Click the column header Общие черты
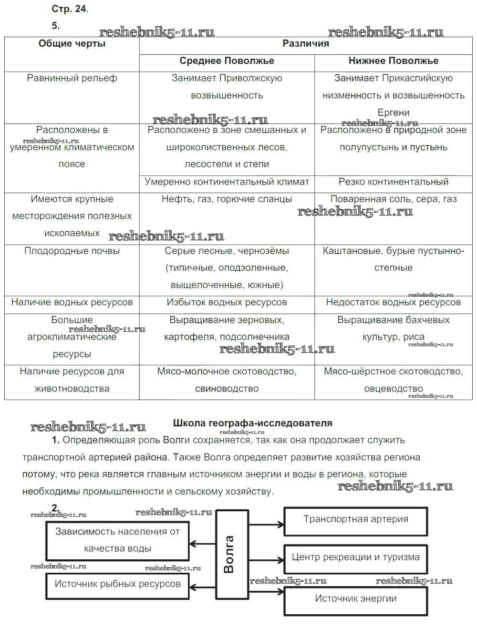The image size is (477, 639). [72, 44]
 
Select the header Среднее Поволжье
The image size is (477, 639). [227, 61]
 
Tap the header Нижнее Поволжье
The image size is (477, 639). [393, 61]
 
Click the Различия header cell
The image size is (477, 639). [305, 44]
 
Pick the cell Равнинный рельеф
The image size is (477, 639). [72, 78]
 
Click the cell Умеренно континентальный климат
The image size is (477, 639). [227, 182]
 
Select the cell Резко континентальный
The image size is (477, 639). [393, 182]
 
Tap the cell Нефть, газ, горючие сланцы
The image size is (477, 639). [227, 199]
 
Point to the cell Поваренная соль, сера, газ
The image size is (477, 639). [393, 199]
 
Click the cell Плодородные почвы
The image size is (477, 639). [72, 251]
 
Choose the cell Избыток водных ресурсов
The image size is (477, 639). [227, 302]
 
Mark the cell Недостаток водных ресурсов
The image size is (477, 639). [393, 302]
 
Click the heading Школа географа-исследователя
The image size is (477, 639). [252, 423]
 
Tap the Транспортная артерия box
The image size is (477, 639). [355, 519]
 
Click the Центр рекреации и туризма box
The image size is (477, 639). [355, 557]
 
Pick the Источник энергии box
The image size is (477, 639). [355, 598]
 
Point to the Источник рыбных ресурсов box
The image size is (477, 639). [117, 584]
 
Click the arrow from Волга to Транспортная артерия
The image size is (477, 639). [266, 525]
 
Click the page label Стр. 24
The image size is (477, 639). [70, 9]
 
